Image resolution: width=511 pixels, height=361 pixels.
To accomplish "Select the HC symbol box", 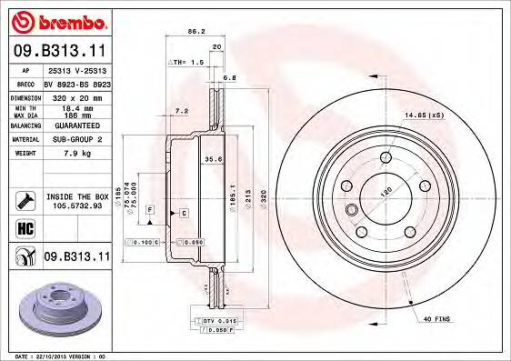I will tap(25, 227).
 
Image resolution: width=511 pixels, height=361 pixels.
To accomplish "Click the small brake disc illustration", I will tap(56, 313).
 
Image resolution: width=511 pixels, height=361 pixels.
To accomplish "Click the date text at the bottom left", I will tap(56, 356).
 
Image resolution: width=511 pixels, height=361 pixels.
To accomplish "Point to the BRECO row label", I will tap(25, 82).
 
